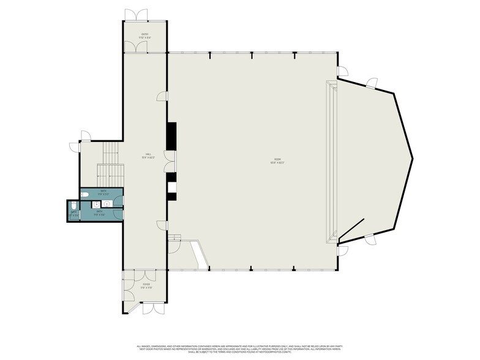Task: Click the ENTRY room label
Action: click(145, 36)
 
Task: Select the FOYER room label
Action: click(146, 285)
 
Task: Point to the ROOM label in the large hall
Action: click(279, 162)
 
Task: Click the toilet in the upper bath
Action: click(85, 195)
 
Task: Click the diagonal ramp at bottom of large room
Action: click(200, 254)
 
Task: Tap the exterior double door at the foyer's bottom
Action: click(153, 307)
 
